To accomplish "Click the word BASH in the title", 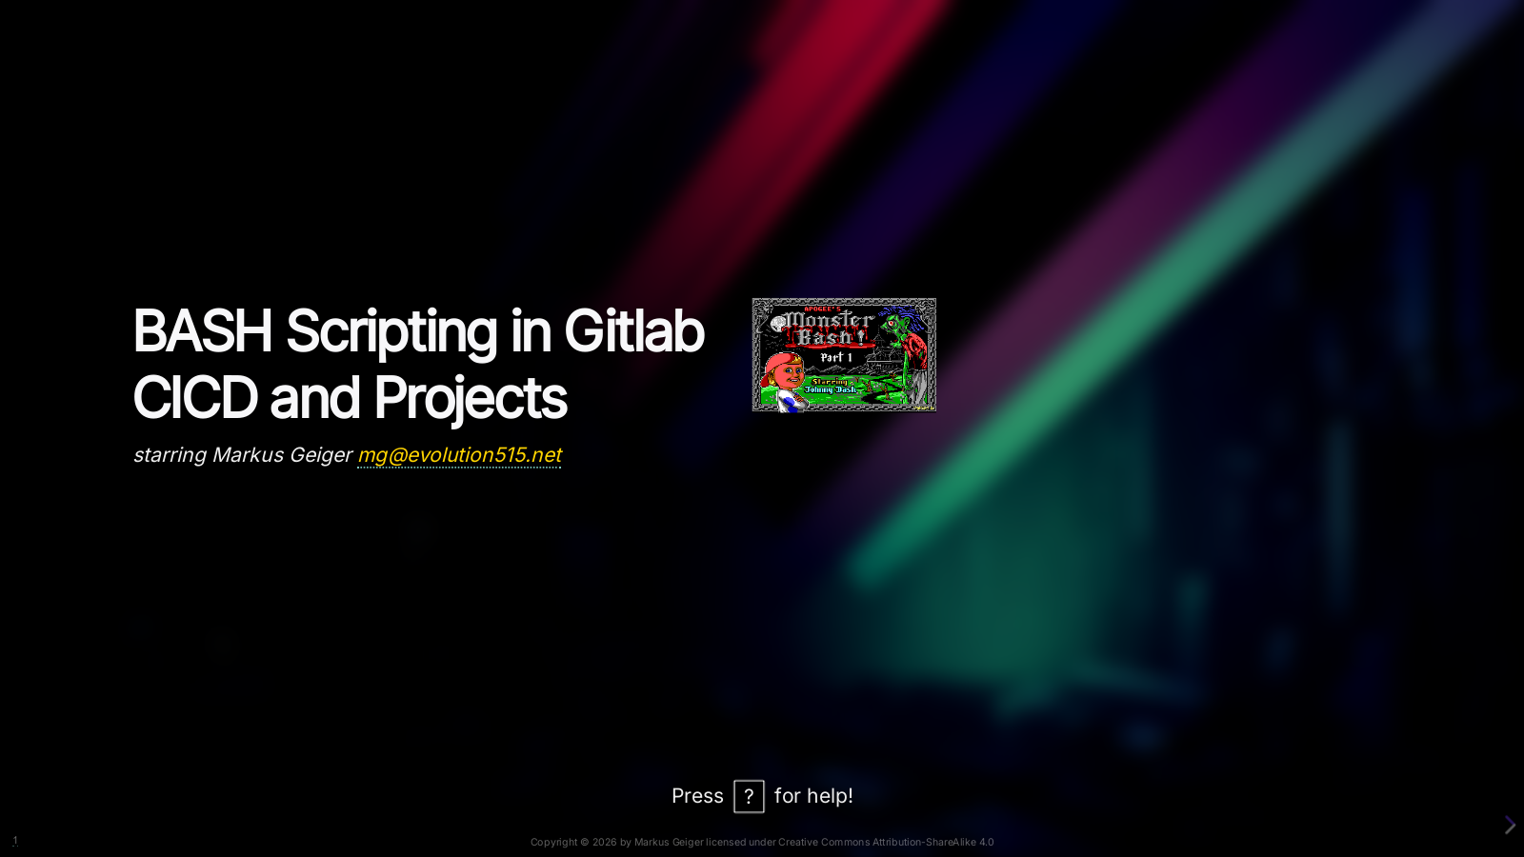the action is (202, 331).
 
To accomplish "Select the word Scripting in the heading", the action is (391, 334).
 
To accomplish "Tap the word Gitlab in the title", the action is (634, 330).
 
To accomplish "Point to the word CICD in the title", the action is (194, 397).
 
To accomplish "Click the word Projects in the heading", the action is (471, 401).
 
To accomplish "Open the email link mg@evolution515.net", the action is (460, 455).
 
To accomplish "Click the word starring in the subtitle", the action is (170, 456).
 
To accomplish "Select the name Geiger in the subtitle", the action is (321, 456).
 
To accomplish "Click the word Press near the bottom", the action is (697, 796).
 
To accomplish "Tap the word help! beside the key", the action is (828, 796).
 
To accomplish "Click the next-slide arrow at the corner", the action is (1510, 825).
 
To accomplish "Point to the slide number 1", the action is (15, 841).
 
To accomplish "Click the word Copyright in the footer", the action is (553, 842).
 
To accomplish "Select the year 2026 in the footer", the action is (604, 842).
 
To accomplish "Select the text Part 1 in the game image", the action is (836, 357).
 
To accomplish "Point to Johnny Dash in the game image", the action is (830, 389).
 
